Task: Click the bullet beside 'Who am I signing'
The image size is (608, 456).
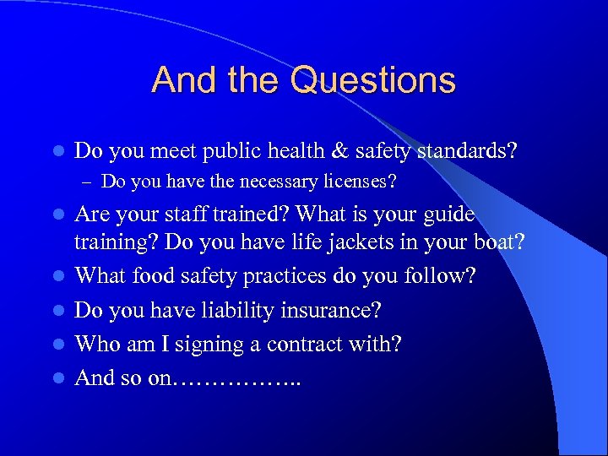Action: coord(57,345)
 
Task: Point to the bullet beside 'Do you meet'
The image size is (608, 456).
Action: coord(57,152)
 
